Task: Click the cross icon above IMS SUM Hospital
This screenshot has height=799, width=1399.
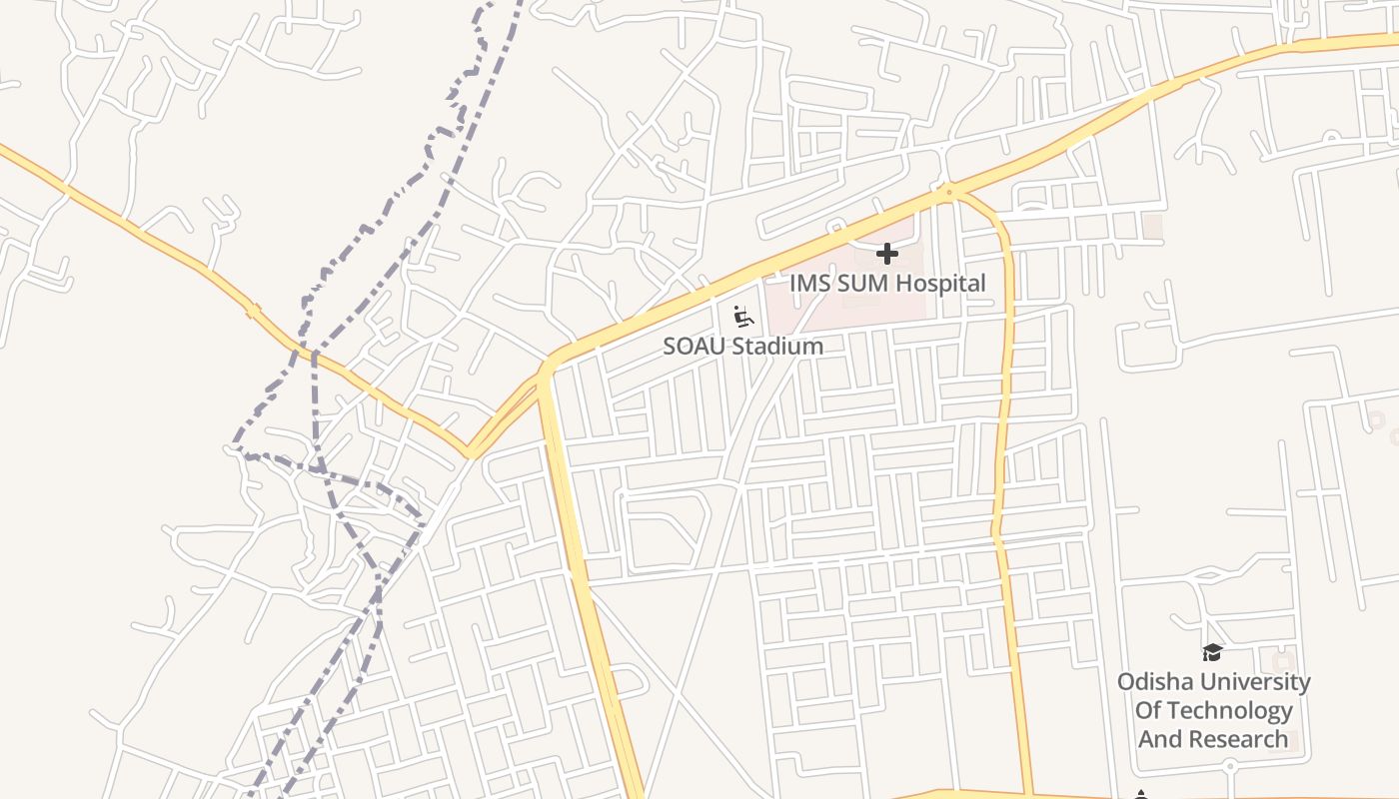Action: (886, 254)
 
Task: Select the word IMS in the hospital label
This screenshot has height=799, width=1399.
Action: (809, 284)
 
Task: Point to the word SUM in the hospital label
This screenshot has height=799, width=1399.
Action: (858, 284)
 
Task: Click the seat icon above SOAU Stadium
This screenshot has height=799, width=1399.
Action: (742, 318)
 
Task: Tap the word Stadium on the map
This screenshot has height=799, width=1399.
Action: (777, 347)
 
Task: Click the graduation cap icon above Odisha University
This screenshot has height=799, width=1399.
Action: (1212, 653)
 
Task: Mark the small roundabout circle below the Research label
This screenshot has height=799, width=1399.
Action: (1231, 766)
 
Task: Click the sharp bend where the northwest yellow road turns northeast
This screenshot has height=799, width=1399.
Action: (469, 454)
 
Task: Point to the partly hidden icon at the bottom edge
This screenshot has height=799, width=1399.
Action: (1142, 794)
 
